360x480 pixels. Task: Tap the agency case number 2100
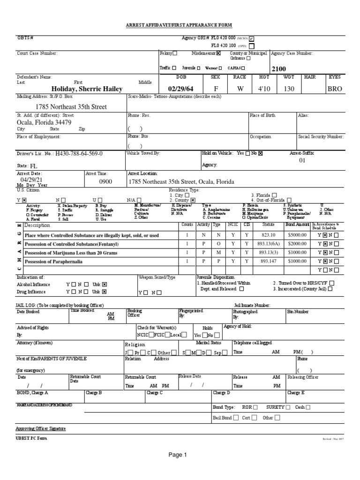tap(278, 69)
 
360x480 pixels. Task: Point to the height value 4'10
tap(261, 89)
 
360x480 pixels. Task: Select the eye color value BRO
tap(335, 89)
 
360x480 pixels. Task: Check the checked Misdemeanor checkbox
tap(218, 53)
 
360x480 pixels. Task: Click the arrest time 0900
tap(106, 181)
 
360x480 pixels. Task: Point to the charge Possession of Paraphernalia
tap(53, 262)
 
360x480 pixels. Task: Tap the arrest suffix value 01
tap(302, 160)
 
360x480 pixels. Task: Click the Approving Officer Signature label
tap(41, 428)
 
